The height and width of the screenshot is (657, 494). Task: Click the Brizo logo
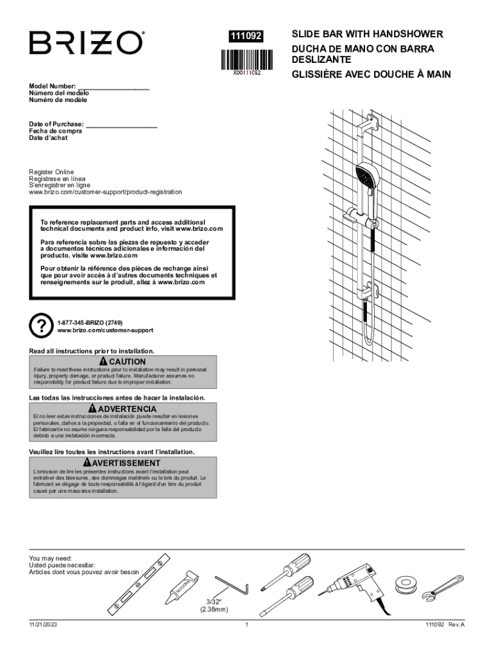click(85, 44)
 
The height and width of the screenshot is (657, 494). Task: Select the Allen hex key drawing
click(230, 585)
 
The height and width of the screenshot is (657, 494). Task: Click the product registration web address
click(105, 192)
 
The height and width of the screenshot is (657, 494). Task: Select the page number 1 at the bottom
click(246, 624)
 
